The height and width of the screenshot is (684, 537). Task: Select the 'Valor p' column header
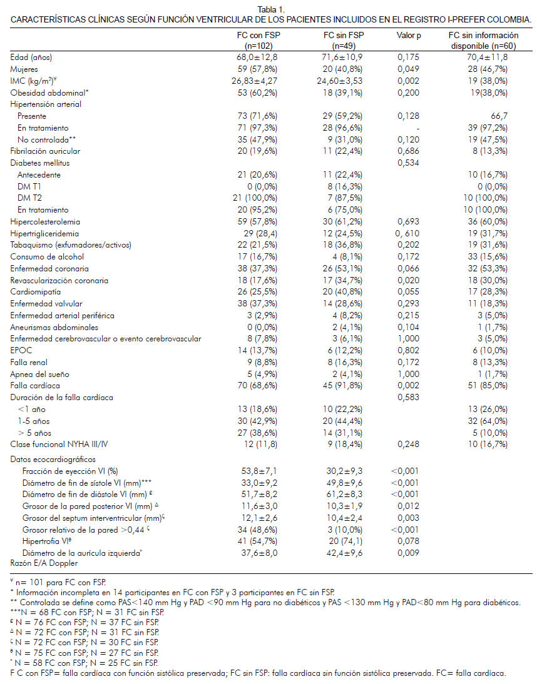409,36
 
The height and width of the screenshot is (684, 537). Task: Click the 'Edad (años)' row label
31,58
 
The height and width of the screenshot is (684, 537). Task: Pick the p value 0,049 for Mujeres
409,69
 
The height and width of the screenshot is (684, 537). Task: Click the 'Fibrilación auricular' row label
45,151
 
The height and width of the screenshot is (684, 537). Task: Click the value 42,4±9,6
341,553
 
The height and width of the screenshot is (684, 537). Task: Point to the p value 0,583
409,398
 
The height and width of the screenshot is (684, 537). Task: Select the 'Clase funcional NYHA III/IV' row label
58,444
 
